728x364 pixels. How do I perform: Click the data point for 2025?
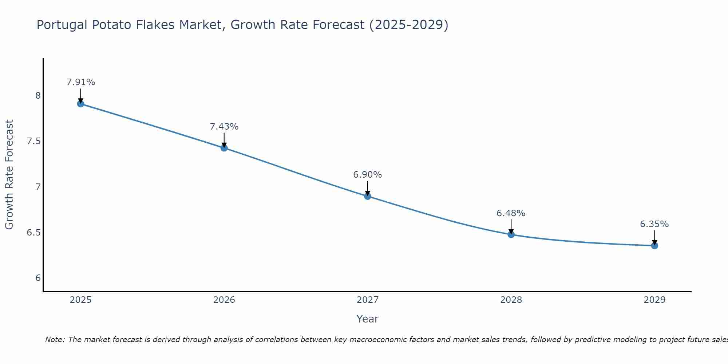80,104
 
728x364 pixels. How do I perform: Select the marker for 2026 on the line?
224,148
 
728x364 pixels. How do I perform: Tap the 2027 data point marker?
367,196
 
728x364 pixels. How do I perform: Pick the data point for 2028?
511,234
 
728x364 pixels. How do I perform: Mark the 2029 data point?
654,246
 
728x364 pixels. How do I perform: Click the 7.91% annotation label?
80,82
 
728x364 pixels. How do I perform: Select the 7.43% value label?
224,127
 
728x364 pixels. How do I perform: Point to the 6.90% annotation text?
367,175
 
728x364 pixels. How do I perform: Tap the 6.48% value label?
511,213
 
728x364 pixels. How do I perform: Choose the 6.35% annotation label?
654,224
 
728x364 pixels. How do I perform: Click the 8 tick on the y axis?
38,96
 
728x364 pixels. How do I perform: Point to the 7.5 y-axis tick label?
34,141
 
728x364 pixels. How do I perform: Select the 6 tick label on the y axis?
38,278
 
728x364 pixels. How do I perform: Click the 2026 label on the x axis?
224,300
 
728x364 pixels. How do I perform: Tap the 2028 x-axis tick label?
511,300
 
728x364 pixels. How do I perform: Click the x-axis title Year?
367,319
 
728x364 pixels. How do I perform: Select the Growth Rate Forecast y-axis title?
9,175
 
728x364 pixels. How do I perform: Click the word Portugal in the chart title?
62,25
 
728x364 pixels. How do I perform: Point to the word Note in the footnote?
55,340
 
